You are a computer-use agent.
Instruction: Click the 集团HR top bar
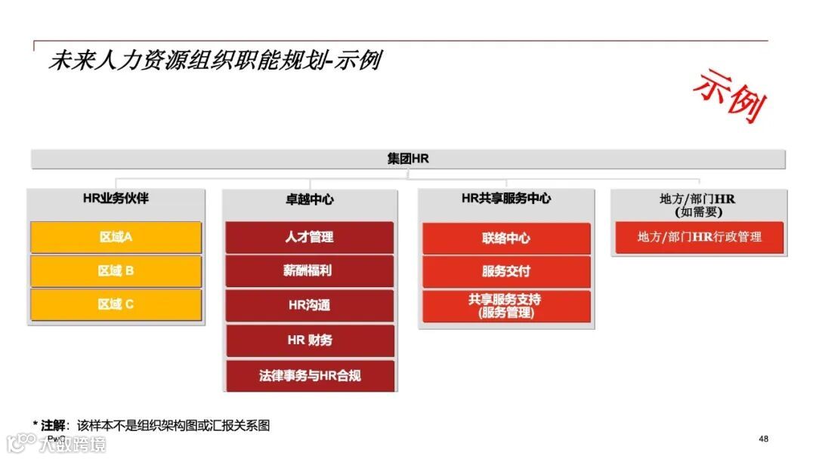pyautogui.click(x=408, y=159)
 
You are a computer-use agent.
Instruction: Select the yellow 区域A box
pyautogui.click(x=116, y=237)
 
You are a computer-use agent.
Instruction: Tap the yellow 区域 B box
pyautogui.click(x=116, y=271)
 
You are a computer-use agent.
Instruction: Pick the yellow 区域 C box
pyautogui.click(x=116, y=304)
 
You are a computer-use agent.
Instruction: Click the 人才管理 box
pyautogui.click(x=309, y=237)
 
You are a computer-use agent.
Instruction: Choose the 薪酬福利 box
pyautogui.click(x=309, y=271)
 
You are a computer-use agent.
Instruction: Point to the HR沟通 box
pyautogui.click(x=309, y=306)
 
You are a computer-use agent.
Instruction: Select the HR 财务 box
pyautogui.click(x=309, y=340)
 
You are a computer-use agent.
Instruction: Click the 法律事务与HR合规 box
pyautogui.click(x=309, y=375)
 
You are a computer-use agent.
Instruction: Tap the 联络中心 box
pyautogui.click(x=506, y=239)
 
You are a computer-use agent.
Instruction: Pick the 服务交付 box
pyautogui.click(x=506, y=272)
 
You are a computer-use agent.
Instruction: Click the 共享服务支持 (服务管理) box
pyautogui.click(x=506, y=306)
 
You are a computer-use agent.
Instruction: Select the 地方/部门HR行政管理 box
pyautogui.click(x=699, y=237)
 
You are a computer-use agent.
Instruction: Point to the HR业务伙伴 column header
pyautogui.click(x=116, y=199)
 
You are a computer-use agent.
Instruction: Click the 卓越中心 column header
pyautogui.click(x=309, y=200)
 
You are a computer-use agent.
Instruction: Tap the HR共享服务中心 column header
pyautogui.click(x=506, y=199)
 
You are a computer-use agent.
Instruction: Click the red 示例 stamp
pyautogui.click(x=730, y=96)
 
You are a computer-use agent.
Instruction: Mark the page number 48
pyautogui.click(x=763, y=439)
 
